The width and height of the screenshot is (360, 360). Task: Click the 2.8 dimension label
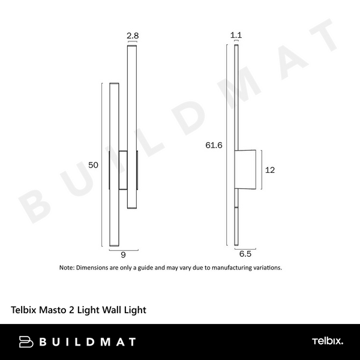click(133, 36)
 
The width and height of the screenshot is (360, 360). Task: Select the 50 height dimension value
click(93, 164)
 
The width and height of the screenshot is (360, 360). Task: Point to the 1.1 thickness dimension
click(236, 36)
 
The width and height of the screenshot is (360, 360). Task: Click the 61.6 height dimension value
click(214, 145)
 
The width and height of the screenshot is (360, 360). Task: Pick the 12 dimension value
click(269, 170)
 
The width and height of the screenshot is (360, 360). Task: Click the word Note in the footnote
click(66, 268)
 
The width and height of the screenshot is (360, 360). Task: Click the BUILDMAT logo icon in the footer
click(26, 342)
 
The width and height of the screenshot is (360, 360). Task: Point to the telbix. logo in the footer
click(327, 342)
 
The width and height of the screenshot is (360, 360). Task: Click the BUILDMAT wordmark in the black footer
click(86, 342)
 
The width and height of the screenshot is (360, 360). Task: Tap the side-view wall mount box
click(247, 170)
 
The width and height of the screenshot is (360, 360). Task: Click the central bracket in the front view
click(123, 170)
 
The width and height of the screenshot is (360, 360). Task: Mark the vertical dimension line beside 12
click(260, 170)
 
